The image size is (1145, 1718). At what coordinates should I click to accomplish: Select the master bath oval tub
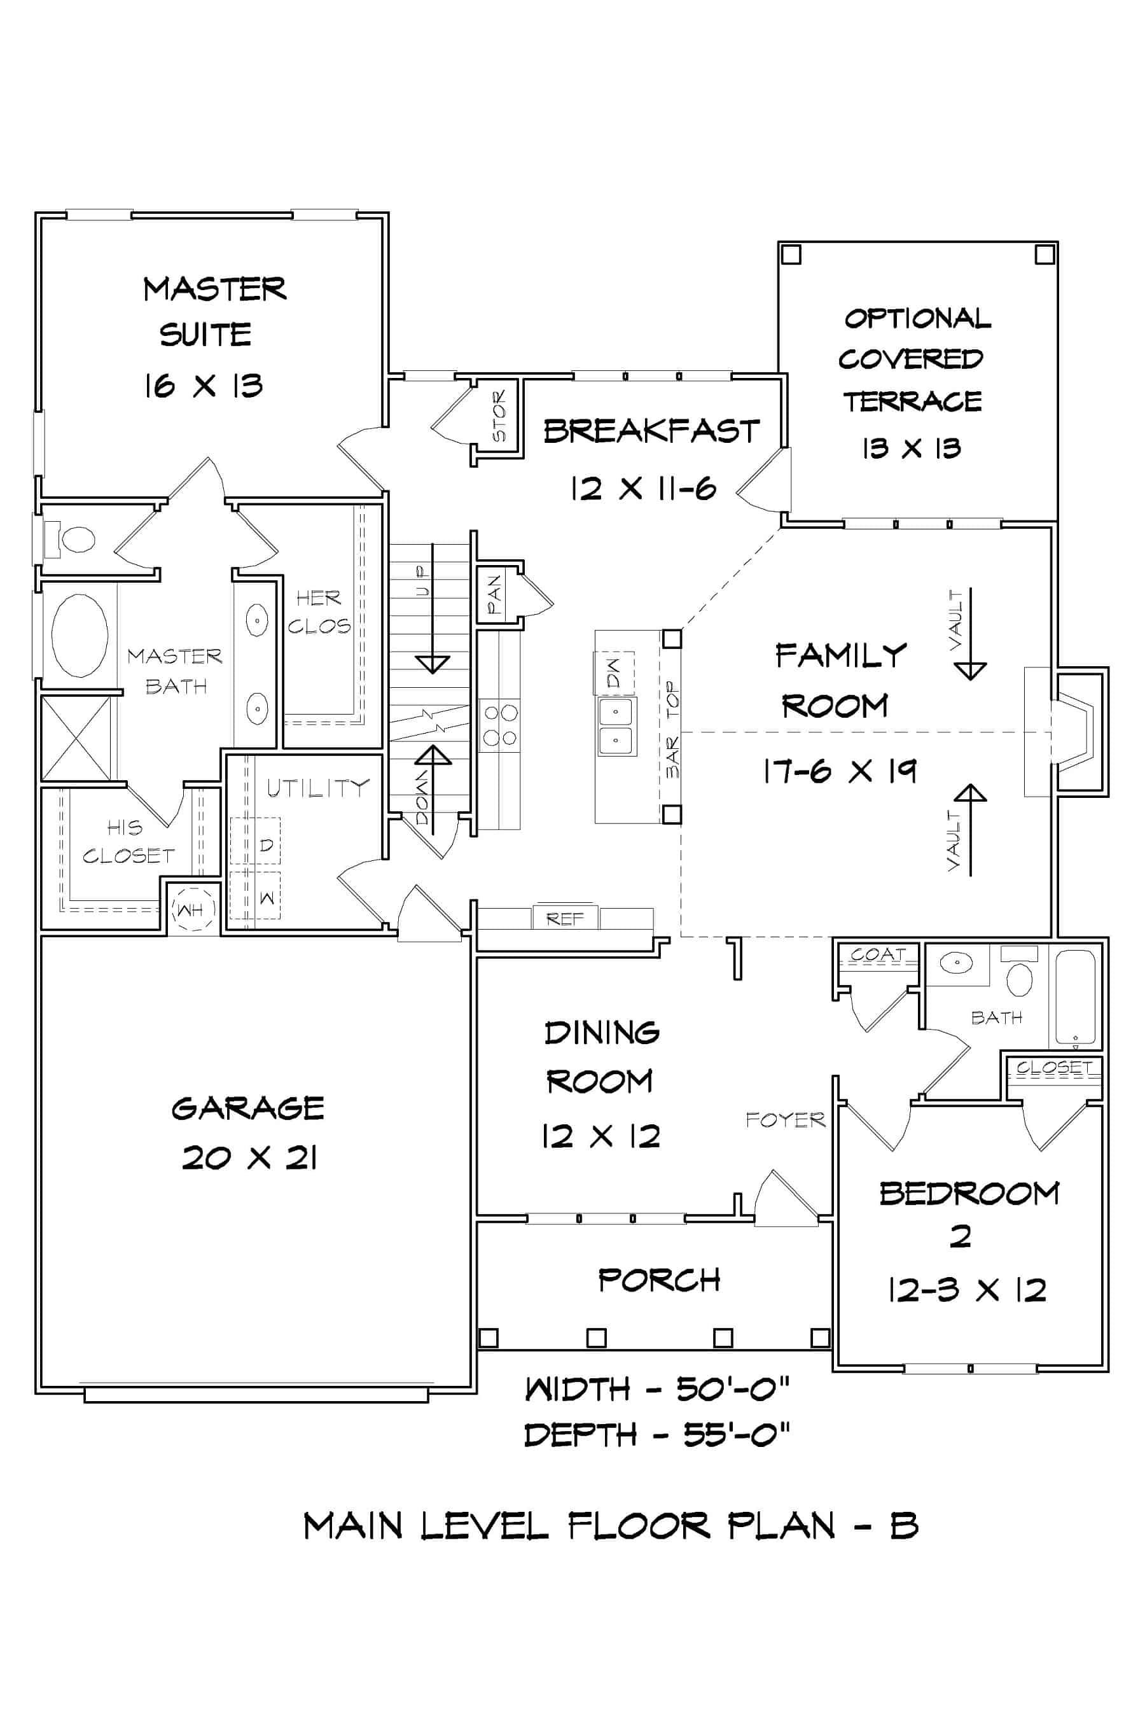click(x=80, y=635)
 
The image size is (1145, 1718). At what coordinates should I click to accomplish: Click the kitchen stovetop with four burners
click(x=500, y=725)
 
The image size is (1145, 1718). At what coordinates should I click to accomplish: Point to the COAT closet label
click(x=877, y=954)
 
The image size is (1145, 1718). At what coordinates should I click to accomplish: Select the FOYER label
click(x=785, y=1120)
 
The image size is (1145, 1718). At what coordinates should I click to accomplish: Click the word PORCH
click(x=658, y=1280)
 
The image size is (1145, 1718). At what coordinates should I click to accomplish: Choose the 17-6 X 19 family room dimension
click(x=839, y=771)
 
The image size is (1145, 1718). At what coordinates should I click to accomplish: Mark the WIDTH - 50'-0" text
click(x=656, y=1388)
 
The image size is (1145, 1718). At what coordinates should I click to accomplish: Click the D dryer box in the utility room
click(x=266, y=844)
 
